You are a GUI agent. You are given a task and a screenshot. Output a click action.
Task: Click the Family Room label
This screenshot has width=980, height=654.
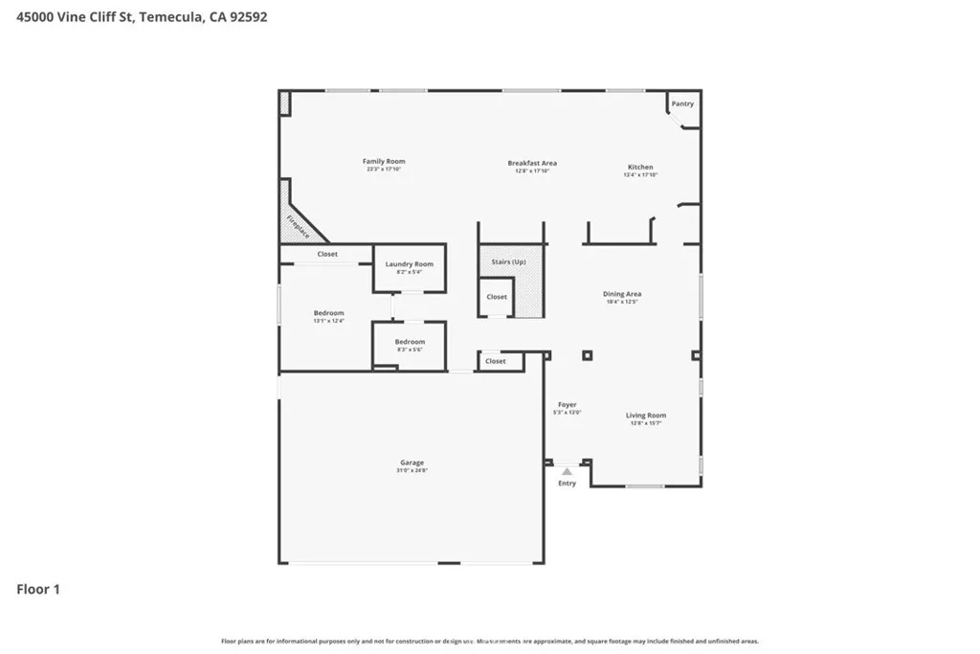pos(383,162)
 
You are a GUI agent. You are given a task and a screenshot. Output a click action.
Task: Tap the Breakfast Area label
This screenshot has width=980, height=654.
pos(532,164)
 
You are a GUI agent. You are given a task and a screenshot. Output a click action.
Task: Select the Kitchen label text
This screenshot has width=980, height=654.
pos(639,168)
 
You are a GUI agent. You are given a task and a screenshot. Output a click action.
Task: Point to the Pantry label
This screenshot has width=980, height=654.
pos(682,103)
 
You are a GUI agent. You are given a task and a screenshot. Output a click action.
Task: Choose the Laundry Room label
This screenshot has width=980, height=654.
pos(409,264)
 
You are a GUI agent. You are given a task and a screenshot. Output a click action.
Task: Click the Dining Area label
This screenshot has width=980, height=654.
pos(621,294)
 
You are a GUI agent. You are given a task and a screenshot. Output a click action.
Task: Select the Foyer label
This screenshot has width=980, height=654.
pos(567,405)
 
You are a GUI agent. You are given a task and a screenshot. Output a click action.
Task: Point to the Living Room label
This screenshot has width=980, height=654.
pos(646,416)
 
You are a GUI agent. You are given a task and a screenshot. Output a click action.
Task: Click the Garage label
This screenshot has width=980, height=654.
pos(412,462)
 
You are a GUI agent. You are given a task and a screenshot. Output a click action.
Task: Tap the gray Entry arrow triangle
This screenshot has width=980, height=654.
pos(567,471)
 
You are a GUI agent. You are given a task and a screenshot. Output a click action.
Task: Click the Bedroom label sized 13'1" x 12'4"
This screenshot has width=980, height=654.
pos(328,313)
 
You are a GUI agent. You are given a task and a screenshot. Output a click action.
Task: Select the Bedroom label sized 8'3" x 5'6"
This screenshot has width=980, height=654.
pos(410,342)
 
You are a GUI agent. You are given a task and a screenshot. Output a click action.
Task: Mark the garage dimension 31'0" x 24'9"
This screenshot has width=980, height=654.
pos(412,470)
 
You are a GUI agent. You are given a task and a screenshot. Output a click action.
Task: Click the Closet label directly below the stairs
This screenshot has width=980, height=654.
pos(497,297)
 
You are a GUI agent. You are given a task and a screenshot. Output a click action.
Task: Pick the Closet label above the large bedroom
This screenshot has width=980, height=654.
pos(327,254)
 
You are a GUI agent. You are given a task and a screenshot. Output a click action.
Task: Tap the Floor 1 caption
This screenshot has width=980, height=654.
pos(38,590)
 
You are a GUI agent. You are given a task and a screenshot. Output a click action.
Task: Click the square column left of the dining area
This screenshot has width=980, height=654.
pos(587,355)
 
